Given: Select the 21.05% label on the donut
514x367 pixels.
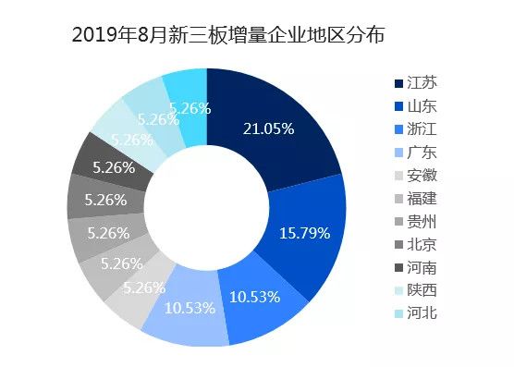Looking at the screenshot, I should click(267, 128).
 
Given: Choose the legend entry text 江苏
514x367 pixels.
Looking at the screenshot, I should click(423, 83).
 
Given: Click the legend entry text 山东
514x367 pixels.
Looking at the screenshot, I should click(423, 106).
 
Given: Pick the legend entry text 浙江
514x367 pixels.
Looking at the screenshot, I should click(423, 129).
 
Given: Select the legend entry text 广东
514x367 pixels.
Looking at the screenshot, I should click(423, 153).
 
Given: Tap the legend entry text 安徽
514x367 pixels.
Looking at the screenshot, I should click(423, 176).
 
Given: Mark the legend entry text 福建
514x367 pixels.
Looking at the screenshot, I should click(423, 199).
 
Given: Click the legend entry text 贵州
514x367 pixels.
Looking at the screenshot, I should click(423, 222).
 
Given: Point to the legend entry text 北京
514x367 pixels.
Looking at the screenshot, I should click(423, 244).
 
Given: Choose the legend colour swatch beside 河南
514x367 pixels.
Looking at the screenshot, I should click(398, 267).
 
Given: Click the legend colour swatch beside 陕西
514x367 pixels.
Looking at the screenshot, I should click(398, 290).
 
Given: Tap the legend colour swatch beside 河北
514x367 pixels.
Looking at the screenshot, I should click(398, 313).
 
